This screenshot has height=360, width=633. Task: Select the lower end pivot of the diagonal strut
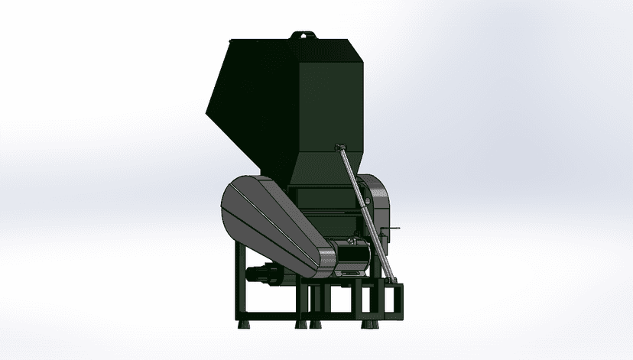click(x=395, y=283)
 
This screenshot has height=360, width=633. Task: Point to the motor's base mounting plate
click(x=352, y=274)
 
